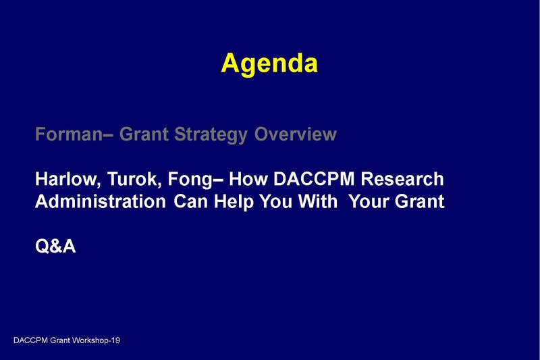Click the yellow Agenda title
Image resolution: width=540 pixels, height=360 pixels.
pos(269,63)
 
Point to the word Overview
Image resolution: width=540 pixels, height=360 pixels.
pos(295,134)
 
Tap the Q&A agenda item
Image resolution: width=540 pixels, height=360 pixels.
pos(55,247)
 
